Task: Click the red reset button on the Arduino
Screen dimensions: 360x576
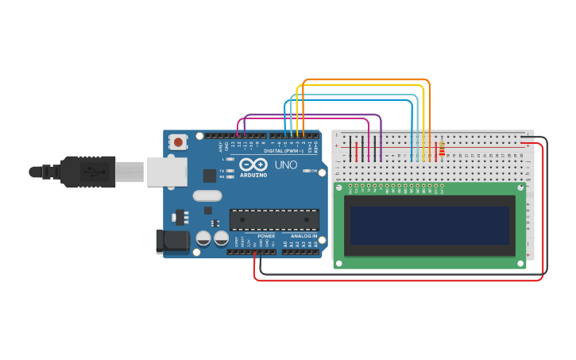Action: pyautogui.click(x=179, y=142)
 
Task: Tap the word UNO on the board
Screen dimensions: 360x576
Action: pyautogui.click(x=285, y=165)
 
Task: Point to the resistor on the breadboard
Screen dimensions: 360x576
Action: pyautogui.click(x=442, y=148)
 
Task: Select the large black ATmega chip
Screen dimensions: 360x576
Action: pyautogui.click(x=274, y=220)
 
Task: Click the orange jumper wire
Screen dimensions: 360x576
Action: pyautogui.click(x=365, y=80)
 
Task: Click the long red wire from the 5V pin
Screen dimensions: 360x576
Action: pyautogui.click(x=397, y=280)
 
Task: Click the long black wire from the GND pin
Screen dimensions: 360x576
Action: pyautogui.click(x=397, y=274)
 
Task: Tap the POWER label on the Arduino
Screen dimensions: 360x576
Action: pyautogui.click(x=266, y=236)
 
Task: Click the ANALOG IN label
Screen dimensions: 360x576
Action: pyautogui.click(x=303, y=236)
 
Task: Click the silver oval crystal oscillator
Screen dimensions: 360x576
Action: pyautogui.click(x=207, y=195)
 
